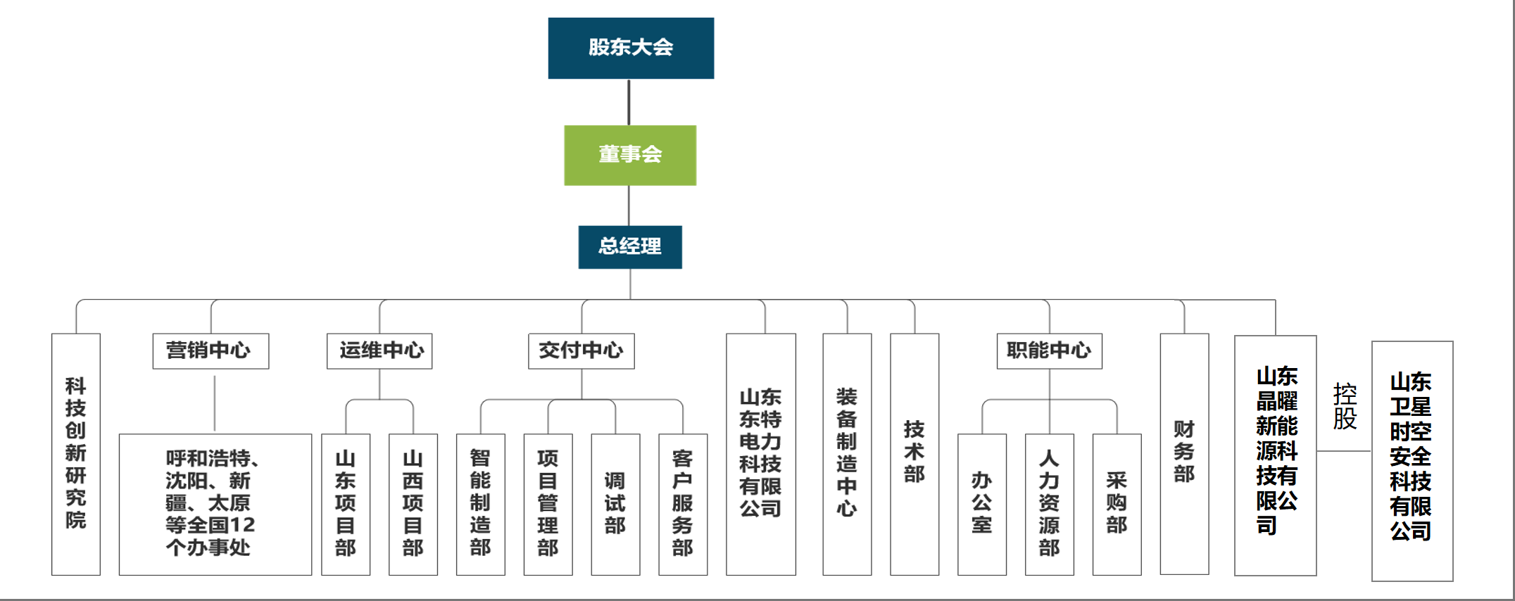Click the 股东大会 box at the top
(x=631, y=48)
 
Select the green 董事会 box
(x=630, y=155)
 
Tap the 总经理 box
(x=630, y=246)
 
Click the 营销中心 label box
(x=210, y=350)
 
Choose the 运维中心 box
(x=379, y=350)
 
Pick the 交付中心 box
(x=581, y=350)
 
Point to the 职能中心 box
(x=1049, y=350)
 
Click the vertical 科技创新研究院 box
(x=76, y=454)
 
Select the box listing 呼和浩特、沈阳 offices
(x=215, y=504)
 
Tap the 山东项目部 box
(x=346, y=504)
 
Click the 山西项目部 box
(x=413, y=504)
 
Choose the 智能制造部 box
(x=480, y=504)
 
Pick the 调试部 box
(x=615, y=504)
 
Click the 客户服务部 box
(x=683, y=504)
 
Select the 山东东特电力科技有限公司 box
(x=761, y=454)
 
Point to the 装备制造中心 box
(x=847, y=454)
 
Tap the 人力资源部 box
(x=1049, y=504)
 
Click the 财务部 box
(x=1184, y=454)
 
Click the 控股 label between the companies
(x=1345, y=406)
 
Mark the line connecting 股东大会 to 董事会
(x=629, y=102)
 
